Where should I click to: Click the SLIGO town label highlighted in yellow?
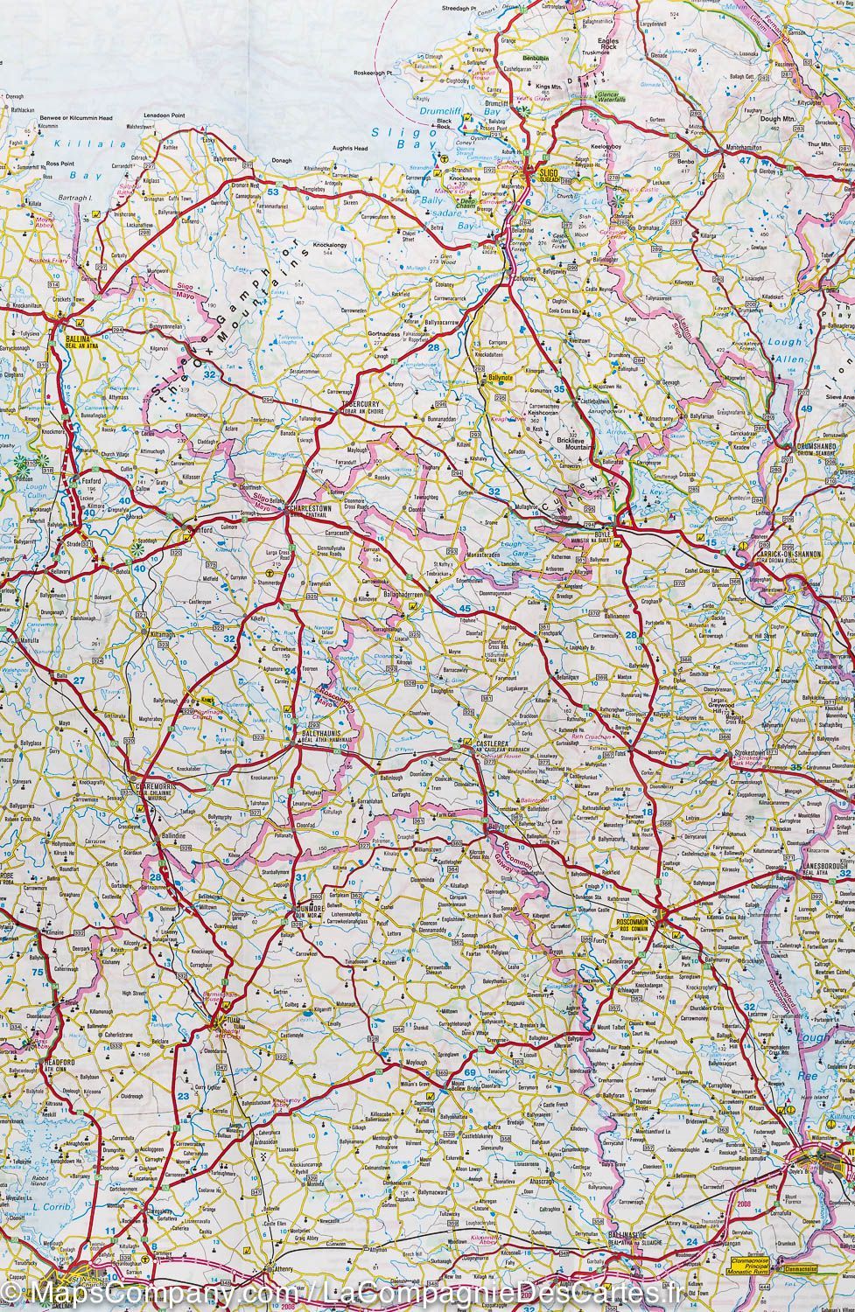click(548, 173)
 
